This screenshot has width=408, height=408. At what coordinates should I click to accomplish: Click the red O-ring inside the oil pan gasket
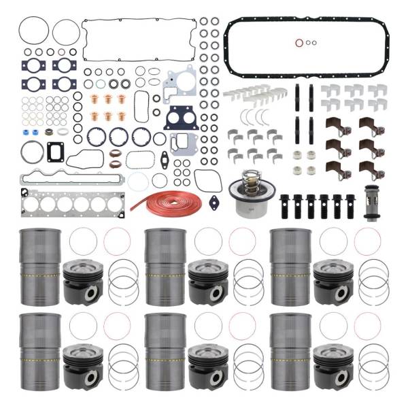pyautogui.click(x=300, y=43)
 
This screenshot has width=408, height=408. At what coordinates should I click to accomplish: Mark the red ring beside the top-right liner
pyautogui.click(x=367, y=241)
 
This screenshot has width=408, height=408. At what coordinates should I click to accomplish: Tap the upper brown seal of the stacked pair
pyautogui.click(x=116, y=154)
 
